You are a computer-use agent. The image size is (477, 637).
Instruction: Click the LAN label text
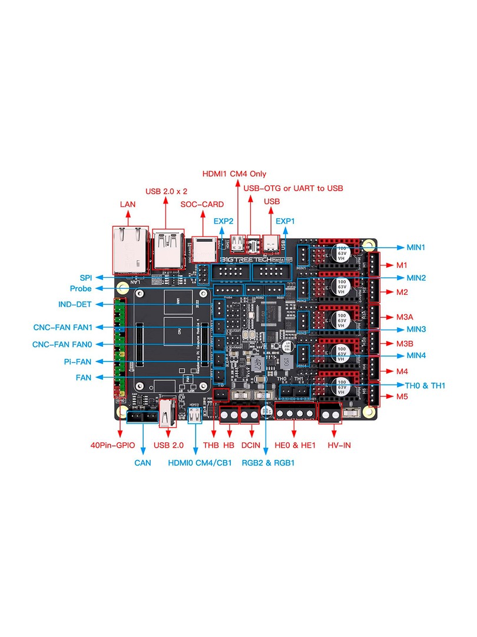[x=128, y=204]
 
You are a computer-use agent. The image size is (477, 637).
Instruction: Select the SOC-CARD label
[x=202, y=204]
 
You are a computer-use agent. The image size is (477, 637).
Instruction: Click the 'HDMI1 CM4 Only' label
[x=234, y=174]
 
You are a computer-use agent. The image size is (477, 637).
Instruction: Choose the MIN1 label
[x=416, y=247]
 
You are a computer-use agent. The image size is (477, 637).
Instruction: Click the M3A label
[x=405, y=317]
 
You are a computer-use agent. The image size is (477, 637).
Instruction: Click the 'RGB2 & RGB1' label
[x=268, y=463]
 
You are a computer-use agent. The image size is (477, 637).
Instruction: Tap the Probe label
[x=80, y=288]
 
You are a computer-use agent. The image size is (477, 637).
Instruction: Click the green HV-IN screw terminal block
[x=330, y=415]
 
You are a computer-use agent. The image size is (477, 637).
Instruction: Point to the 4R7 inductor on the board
[x=258, y=363]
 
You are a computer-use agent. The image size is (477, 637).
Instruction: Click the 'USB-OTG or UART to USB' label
[x=293, y=188]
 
